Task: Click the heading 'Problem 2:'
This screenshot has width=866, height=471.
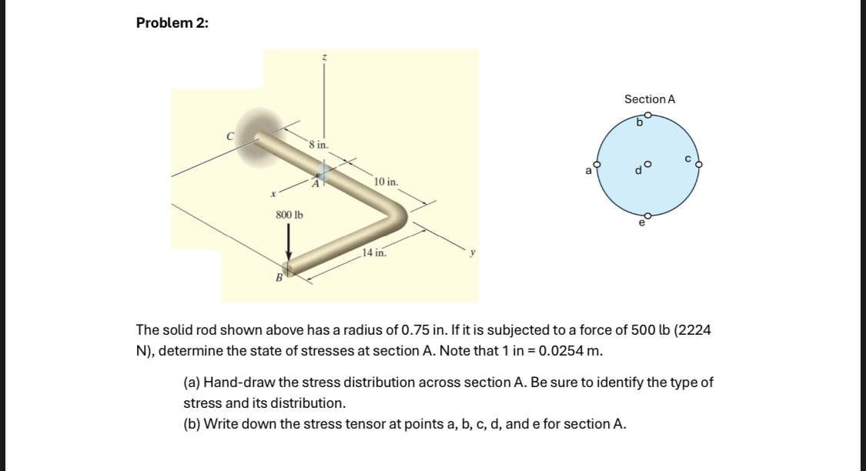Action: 172,23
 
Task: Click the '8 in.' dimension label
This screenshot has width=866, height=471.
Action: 318,144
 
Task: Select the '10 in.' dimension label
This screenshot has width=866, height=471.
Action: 386,182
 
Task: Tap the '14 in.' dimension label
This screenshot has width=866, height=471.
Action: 375,252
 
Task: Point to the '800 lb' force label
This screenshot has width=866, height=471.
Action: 289,215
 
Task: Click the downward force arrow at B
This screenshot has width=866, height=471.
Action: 289,242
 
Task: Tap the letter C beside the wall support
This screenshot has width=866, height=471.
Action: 229,136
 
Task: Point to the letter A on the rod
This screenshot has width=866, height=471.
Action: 315,183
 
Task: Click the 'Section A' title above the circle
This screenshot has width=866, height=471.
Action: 650,99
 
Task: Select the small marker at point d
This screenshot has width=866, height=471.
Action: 648,164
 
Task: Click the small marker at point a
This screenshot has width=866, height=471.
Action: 595,163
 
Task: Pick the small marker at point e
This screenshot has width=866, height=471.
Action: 648,216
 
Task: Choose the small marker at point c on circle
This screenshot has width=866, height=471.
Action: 700,164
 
